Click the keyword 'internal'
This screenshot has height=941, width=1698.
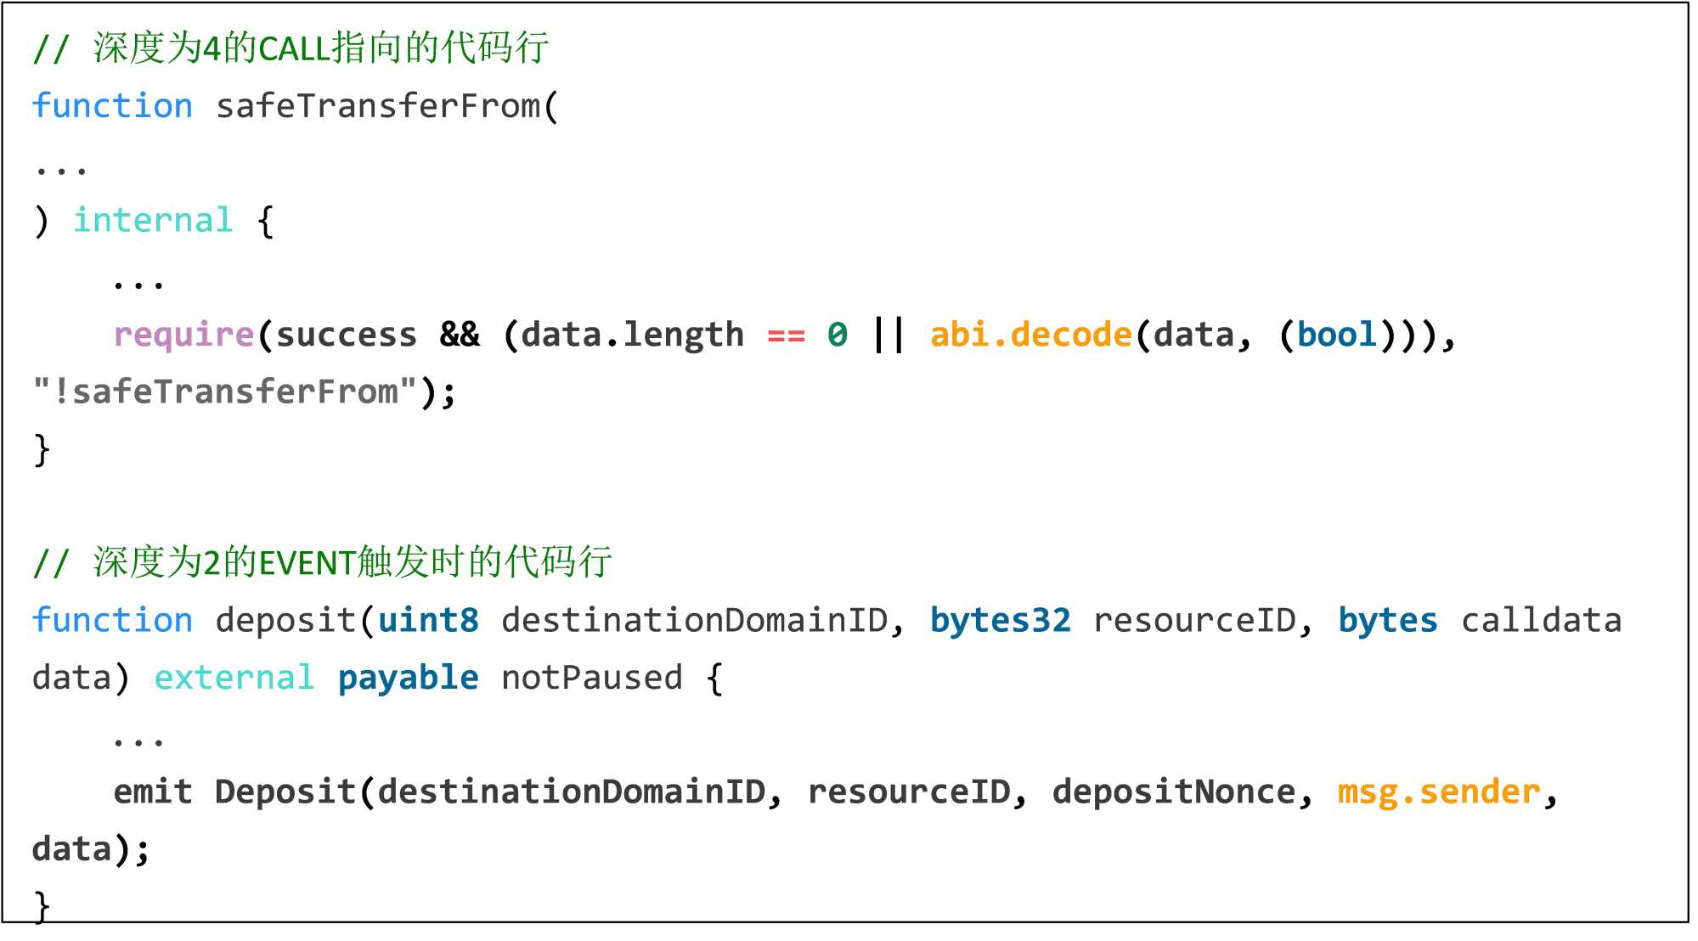[153, 220]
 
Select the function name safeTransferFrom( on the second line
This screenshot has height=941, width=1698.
[386, 106]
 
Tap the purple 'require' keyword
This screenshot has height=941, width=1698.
[183, 335]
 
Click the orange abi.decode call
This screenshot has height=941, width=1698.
[1030, 335]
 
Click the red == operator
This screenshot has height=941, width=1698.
[786, 336]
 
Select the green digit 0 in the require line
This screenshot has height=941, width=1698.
[837, 335]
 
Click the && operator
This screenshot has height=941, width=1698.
[460, 335]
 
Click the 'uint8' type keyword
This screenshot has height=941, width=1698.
[428, 620]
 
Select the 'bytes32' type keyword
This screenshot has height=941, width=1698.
[1000, 620]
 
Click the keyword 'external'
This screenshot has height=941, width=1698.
[234, 678]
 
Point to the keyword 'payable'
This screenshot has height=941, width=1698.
[408, 678]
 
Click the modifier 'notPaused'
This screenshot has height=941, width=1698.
[591, 678]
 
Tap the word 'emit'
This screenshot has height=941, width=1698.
[153, 792]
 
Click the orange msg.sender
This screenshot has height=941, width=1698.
[1438, 792]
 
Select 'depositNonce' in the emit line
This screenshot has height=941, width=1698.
[1173, 792]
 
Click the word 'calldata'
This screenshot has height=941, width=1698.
[1541, 620]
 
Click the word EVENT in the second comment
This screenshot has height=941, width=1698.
[307, 563]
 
